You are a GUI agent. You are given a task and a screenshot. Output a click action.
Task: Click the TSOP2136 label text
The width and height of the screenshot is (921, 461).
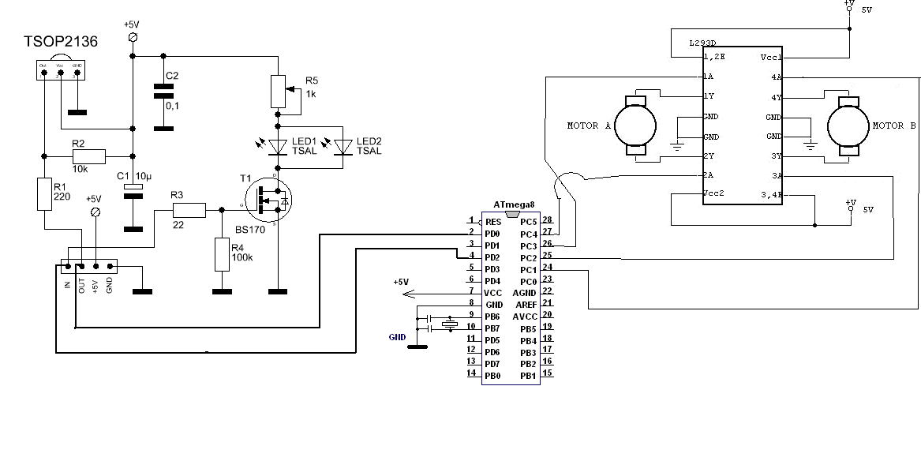61,42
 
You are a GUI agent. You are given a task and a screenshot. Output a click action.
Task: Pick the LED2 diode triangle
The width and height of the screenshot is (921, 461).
343,146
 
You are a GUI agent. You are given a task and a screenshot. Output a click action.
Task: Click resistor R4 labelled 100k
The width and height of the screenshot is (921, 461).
223,254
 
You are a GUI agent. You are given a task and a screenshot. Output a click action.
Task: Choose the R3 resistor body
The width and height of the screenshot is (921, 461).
189,209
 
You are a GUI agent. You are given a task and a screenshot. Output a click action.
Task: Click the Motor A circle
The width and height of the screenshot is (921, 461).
635,126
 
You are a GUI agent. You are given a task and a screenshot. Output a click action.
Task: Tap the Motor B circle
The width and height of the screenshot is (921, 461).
848,126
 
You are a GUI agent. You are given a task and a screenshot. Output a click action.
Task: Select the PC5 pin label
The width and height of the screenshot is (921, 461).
528,222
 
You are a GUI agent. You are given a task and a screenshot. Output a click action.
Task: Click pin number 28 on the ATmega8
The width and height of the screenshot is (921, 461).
548,219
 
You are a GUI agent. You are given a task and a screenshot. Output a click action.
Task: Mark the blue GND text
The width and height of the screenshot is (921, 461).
398,337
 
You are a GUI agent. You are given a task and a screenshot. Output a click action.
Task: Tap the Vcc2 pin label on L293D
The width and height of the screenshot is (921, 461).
713,193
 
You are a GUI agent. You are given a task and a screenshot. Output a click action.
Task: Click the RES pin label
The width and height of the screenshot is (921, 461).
493,222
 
